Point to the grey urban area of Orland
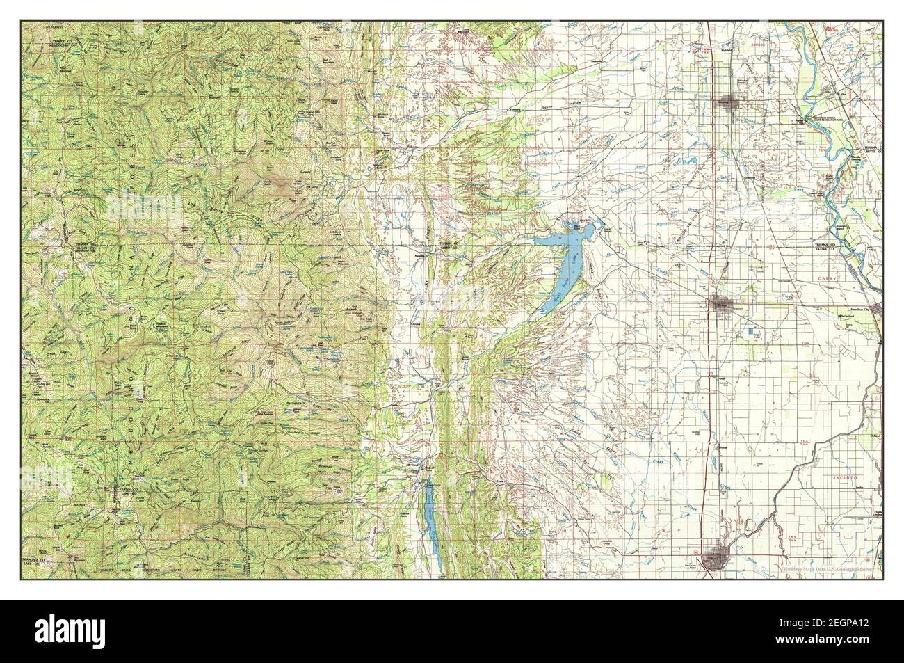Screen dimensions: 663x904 click(720, 303)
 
